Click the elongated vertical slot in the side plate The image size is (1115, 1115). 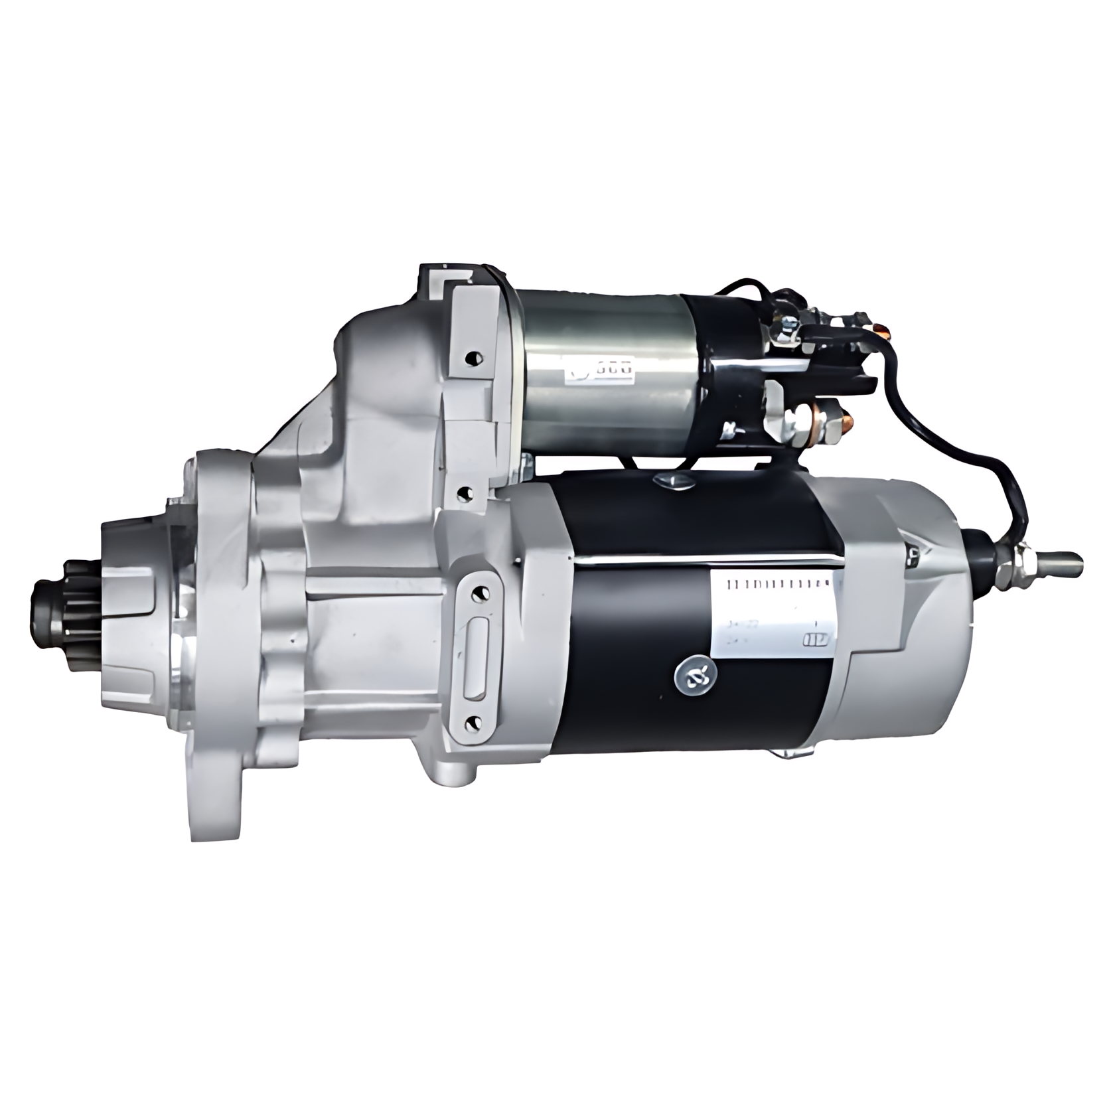click(x=475, y=658)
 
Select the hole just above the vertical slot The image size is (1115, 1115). click(x=477, y=595)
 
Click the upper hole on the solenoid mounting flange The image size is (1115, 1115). click(x=472, y=358)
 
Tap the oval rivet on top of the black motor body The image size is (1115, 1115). click(x=672, y=481)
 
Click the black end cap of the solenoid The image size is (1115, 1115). click(x=723, y=378)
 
